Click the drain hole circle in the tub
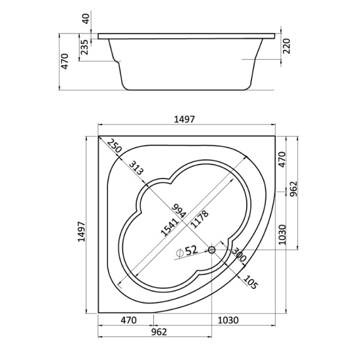click(x=211, y=249)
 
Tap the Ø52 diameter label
click(x=187, y=251)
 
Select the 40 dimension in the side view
click(x=86, y=18)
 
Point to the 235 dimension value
click(x=84, y=47)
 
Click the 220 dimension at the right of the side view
click(x=286, y=46)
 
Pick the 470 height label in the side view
click(x=64, y=61)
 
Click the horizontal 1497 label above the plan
click(x=184, y=119)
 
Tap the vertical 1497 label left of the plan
click(x=81, y=232)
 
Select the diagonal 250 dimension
click(x=114, y=146)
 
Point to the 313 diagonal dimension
click(x=136, y=168)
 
